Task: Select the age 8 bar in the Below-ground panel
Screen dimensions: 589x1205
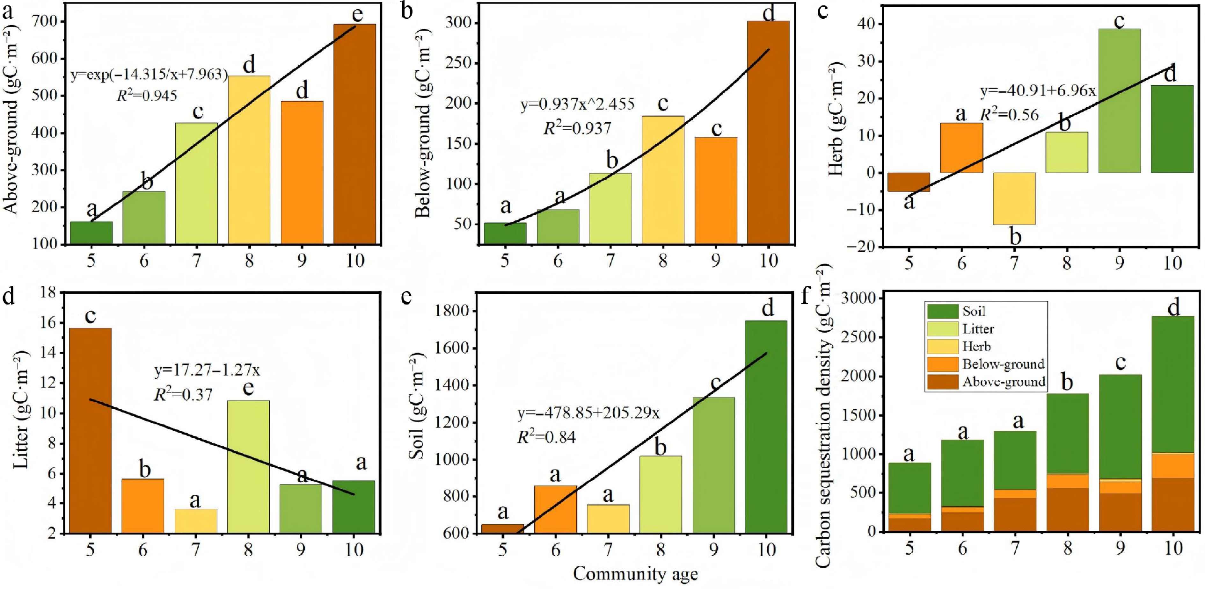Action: click(663, 180)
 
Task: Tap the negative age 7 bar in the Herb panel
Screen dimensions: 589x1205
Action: click(1014, 199)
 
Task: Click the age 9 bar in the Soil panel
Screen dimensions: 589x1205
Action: click(713, 465)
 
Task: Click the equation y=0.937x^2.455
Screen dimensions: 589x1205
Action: click(578, 104)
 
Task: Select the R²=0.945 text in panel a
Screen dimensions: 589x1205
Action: click(146, 96)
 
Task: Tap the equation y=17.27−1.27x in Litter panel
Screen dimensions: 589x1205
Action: click(207, 370)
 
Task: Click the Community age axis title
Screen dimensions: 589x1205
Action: click(635, 574)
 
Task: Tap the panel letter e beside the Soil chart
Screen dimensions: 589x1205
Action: click(406, 296)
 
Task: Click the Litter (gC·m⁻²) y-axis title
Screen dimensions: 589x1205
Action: click(21, 412)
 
